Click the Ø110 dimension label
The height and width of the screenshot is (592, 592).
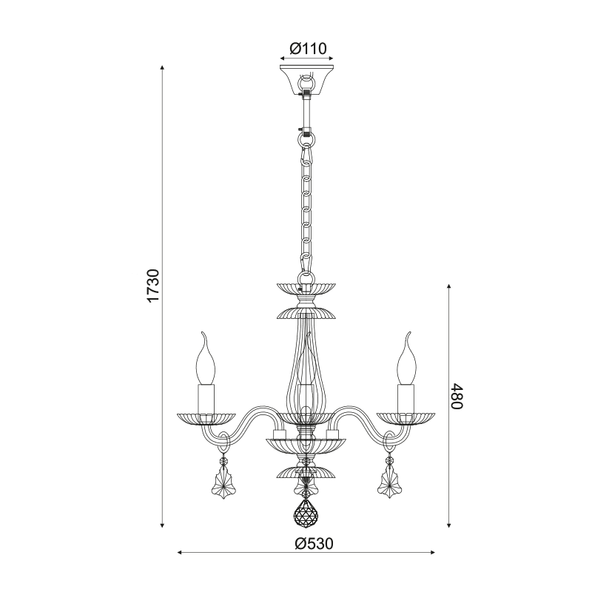pyautogui.click(x=308, y=49)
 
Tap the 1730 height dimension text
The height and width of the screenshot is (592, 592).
pyautogui.click(x=154, y=286)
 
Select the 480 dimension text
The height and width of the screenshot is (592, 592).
pyautogui.click(x=456, y=396)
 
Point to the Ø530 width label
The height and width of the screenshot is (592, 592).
pyautogui.click(x=314, y=543)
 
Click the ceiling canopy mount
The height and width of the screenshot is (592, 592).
pyautogui.click(x=306, y=80)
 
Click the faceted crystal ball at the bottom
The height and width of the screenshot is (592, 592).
pyautogui.click(x=306, y=513)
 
